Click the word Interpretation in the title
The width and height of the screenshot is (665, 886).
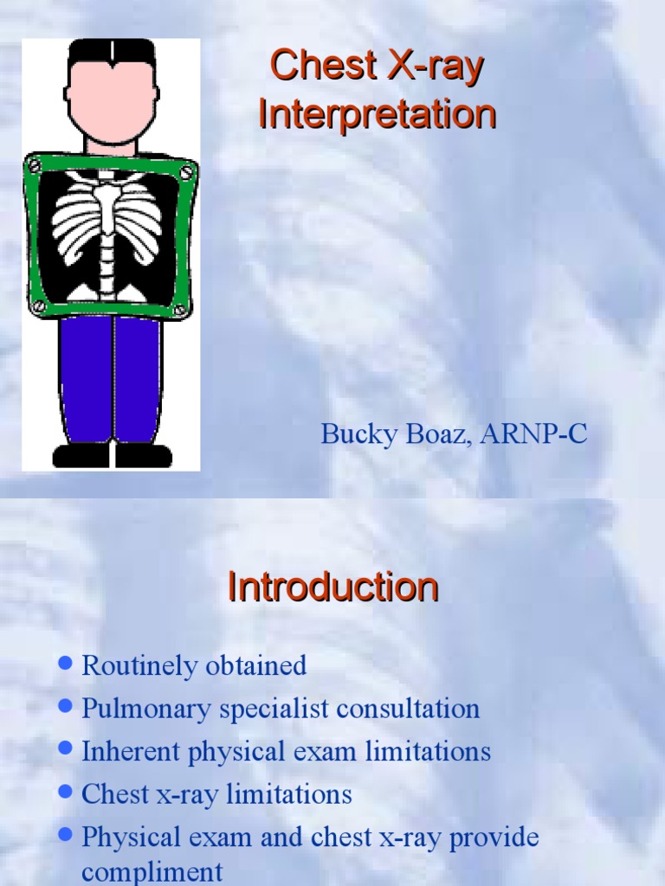point(377,115)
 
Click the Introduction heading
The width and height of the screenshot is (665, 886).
point(332,587)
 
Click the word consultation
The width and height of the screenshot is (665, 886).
point(408,709)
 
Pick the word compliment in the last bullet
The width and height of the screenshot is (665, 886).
point(152,871)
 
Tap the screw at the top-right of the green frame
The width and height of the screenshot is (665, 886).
point(185,173)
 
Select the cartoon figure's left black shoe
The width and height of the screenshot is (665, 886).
point(81,455)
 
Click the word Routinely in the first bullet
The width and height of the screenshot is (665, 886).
point(139,665)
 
